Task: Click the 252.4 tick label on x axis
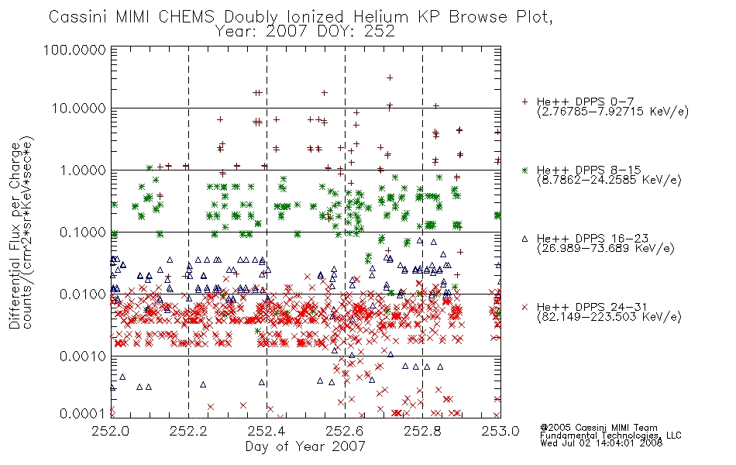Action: (267, 431)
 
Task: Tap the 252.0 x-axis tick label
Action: (111, 431)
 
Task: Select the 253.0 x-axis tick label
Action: (500, 431)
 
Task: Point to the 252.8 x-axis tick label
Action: (422, 431)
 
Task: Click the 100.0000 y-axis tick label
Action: (74, 50)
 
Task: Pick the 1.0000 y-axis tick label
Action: (83, 170)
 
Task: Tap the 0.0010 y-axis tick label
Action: (83, 356)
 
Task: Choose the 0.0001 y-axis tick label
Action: (83, 413)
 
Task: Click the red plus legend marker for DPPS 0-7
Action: (524, 102)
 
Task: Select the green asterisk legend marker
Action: (524, 170)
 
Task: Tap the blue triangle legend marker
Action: (524, 239)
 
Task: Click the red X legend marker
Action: (524, 307)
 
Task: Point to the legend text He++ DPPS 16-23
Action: (593, 238)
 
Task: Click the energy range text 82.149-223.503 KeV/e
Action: (609, 317)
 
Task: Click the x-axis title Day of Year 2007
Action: (305, 446)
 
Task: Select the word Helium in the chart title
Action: (380, 17)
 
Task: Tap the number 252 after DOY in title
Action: (380, 32)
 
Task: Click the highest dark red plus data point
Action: (389, 77)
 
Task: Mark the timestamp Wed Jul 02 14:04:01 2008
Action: (601, 443)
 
